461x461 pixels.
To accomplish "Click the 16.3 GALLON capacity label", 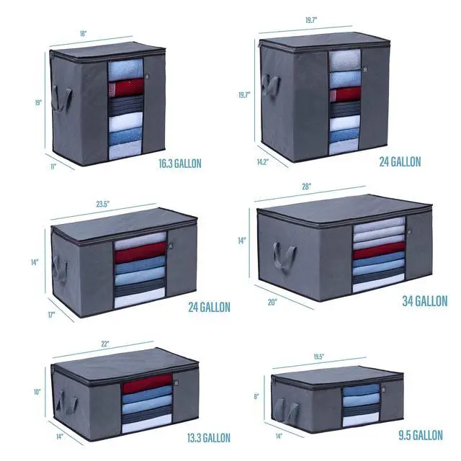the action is (180, 164).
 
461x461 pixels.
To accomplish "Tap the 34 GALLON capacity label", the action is (425, 301).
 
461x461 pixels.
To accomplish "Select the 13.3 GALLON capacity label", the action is (209, 438).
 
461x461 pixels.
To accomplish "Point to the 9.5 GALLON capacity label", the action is (421, 435).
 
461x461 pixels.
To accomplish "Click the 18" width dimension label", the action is (84, 34).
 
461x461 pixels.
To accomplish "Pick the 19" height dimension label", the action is (38, 102).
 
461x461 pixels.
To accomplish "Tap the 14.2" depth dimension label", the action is (263, 161).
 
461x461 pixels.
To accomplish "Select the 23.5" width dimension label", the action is (103, 204).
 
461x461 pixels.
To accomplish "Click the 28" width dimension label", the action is (306, 187).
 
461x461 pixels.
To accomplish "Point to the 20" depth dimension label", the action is (272, 303).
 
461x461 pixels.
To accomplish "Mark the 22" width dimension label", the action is (105, 344).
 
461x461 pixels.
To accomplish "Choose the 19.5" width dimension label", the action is (318, 357).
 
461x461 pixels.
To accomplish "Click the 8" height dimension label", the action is (256, 397).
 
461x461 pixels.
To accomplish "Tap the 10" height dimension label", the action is (37, 392).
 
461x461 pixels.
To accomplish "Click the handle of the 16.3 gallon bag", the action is (62, 99).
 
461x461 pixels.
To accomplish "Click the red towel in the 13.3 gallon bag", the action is (147, 384).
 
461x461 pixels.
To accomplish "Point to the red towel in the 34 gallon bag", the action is (379, 250).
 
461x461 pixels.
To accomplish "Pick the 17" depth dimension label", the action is (52, 315).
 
